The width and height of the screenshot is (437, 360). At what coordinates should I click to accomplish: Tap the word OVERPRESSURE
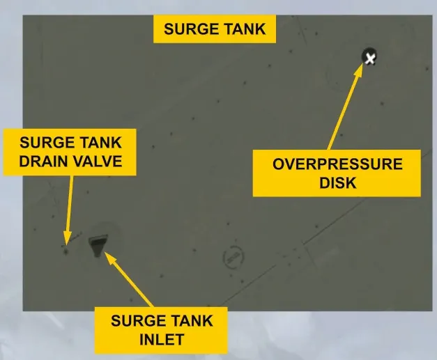(337, 164)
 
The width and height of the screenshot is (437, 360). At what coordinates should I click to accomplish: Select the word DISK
(338, 182)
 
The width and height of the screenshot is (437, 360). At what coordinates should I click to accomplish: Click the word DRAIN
(40, 162)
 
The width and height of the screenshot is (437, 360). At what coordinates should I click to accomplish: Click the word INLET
(162, 339)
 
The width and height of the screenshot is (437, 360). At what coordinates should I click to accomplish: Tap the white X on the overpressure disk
(370, 58)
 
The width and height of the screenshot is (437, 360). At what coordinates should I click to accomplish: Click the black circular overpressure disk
(369, 56)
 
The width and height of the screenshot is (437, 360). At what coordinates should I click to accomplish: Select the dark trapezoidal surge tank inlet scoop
(98, 244)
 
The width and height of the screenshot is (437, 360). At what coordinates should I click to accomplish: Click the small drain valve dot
(66, 252)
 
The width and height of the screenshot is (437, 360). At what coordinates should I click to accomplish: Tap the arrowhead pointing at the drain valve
(67, 238)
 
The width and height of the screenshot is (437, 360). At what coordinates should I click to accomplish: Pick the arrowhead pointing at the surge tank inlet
(109, 257)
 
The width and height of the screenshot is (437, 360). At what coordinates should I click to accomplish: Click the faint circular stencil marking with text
(233, 257)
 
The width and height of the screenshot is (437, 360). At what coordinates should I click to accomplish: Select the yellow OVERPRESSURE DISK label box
(337, 173)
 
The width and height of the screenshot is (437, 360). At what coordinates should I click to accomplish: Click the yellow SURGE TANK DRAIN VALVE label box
(70, 152)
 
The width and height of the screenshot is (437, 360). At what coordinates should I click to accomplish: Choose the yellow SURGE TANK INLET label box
(161, 330)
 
